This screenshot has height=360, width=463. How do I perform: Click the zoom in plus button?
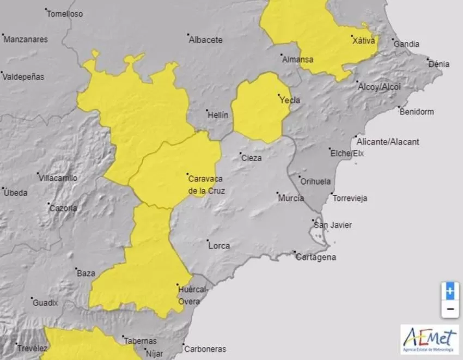click(x=449, y=291)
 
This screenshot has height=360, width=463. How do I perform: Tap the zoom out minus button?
click(x=449, y=309)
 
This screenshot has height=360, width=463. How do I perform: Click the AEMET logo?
click(x=429, y=340)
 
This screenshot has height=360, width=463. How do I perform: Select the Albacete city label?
click(x=205, y=40)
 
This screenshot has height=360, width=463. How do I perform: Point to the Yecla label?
click(x=289, y=100)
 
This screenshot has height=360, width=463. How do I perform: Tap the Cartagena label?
click(x=315, y=258)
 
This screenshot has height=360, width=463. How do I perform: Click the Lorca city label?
click(x=219, y=246)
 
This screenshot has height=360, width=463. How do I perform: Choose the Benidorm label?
click(x=417, y=112)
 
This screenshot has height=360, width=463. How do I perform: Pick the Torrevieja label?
click(x=350, y=198)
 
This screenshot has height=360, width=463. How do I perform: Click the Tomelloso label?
click(x=65, y=14)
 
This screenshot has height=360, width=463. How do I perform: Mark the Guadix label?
click(x=45, y=303)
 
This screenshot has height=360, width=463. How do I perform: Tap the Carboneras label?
click(x=205, y=349)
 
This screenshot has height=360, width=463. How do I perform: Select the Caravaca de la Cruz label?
click(x=206, y=184)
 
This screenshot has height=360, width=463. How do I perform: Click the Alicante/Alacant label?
click(x=388, y=142)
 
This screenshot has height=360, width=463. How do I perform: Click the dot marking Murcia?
click(x=277, y=193)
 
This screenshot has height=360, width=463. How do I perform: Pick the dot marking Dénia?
click(x=428, y=59)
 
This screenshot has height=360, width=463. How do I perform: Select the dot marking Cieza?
click(x=241, y=154)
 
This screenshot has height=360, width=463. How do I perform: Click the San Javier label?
click(x=333, y=225)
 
